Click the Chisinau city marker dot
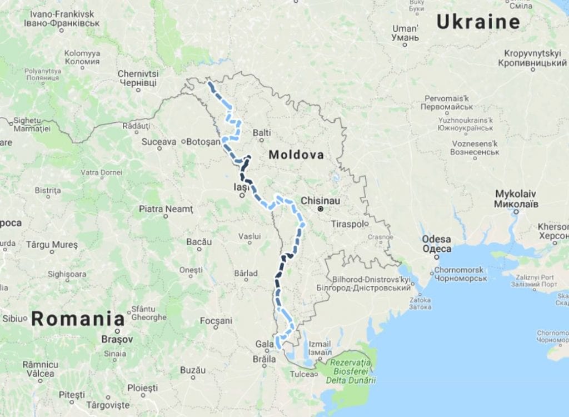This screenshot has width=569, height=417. click(320, 209)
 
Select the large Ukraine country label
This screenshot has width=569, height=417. click(478, 22)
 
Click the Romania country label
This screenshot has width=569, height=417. click(78, 319)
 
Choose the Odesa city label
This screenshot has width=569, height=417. click(437, 244)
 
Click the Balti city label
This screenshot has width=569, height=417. click(262, 133)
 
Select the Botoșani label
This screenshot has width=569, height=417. click(203, 142)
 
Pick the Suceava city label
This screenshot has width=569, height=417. click(159, 142)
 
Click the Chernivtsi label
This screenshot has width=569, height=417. click(138, 78)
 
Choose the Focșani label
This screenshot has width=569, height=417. click(216, 321)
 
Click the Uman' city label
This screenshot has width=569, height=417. click(405, 33)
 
